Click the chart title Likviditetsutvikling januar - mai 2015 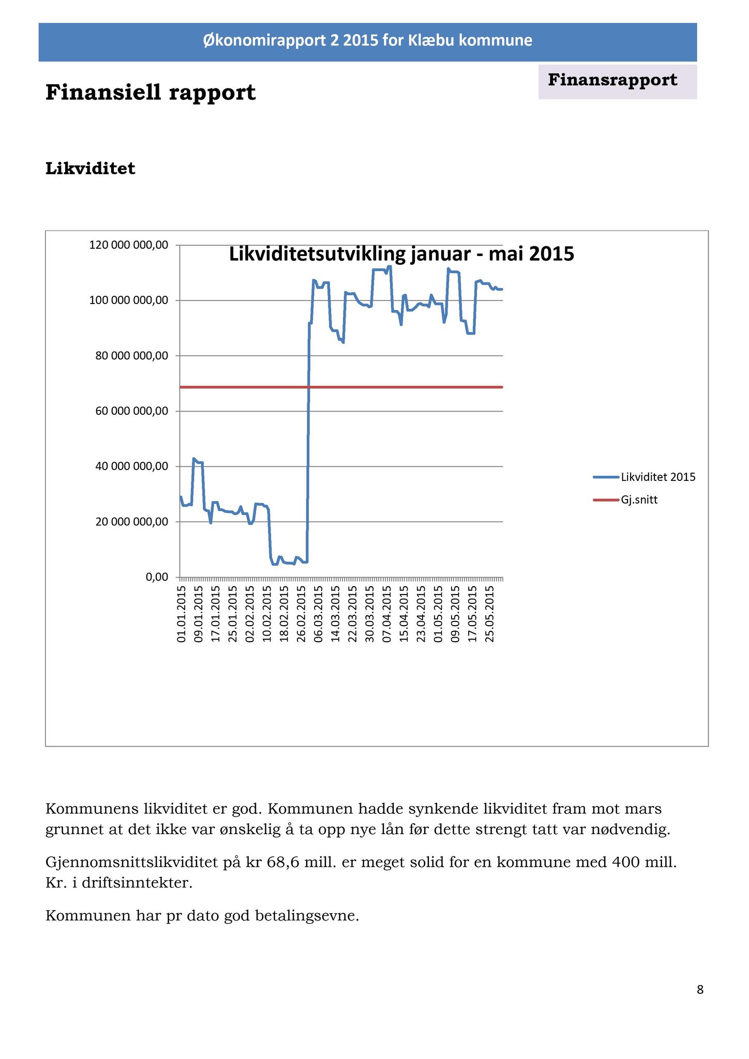click(x=401, y=254)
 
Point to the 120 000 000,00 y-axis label click(x=129, y=245)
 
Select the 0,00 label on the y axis click(x=157, y=577)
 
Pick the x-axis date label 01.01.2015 click(x=181, y=614)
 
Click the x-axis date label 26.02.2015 click(x=301, y=614)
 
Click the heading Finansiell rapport click(x=151, y=93)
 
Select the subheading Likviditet click(x=91, y=169)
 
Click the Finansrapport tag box click(x=618, y=82)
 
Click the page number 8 click(x=700, y=990)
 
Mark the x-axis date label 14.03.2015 click(x=335, y=614)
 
